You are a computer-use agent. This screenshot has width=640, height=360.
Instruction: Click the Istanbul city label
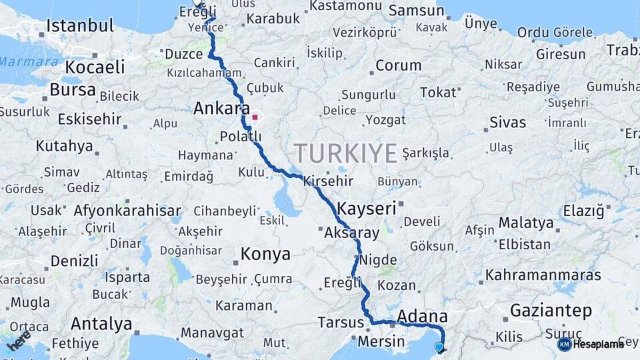click(81, 26)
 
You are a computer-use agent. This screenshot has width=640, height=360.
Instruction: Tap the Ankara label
click(221, 108)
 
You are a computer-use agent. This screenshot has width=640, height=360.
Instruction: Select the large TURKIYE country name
click(345, 153)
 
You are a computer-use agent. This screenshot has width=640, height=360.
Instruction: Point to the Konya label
click(265, 254)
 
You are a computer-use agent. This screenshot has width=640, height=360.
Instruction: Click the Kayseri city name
click(367, 207)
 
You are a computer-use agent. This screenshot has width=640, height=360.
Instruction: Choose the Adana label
click(422, 315)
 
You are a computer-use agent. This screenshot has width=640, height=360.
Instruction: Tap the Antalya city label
click(101, 324)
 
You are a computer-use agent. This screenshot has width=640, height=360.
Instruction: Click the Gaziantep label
click(551, 310)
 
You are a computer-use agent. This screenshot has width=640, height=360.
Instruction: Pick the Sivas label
click(507, 122)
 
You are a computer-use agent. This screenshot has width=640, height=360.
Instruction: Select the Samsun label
click(416, 10)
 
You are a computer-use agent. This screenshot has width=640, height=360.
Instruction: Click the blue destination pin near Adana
click(439, 347)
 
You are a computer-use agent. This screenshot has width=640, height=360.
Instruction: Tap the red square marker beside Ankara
click(255, 117)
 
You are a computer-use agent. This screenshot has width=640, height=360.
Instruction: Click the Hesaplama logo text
click(591, 344)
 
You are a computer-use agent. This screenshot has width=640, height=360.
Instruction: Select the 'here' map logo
click(18, 340)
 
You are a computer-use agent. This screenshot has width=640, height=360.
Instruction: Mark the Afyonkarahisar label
click(118, 210)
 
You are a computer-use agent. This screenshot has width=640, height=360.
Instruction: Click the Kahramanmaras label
click(543, 275)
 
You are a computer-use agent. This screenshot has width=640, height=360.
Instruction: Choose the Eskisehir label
click(89, 119)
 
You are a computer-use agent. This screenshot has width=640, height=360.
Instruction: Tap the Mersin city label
click(381, 342)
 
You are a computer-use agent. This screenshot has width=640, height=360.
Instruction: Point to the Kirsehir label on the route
click(328, 181)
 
